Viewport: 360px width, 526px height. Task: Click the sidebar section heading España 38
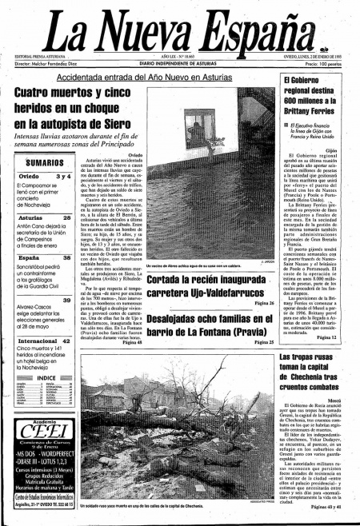[46, 258]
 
